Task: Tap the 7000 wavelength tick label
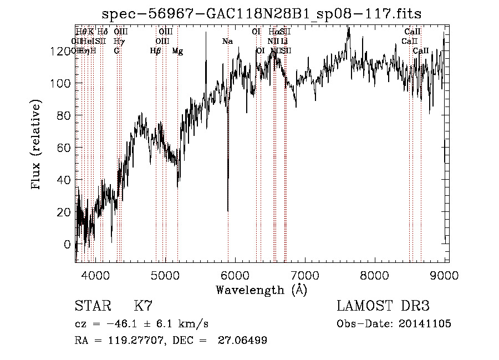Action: point(305,275)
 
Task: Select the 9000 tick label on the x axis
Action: point(444,275)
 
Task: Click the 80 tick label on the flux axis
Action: point(64,115)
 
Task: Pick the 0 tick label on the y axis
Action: point(68,244)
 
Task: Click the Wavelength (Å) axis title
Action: point(261,290)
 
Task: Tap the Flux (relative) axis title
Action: point(38,145)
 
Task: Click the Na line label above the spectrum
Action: point(227,41)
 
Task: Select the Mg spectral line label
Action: point(177,51)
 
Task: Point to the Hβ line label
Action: point(156,51)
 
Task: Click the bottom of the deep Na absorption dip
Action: point(228,210)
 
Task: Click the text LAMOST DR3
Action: point(383,306)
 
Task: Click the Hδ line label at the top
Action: point(103,32)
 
